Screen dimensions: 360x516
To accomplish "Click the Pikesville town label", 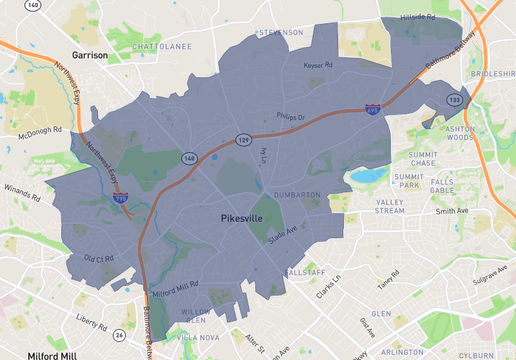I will [x=244, y=216].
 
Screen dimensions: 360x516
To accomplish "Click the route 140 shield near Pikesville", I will [x=188, y=158].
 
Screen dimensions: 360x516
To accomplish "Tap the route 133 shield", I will [x=455, y=100].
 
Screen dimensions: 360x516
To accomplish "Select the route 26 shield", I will [x=119, y=334].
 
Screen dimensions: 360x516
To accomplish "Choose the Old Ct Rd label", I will [x=99, y=259].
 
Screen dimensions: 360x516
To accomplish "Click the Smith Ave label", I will [x=452, y=211].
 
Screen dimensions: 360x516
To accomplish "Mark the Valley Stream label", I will [x=389, y=207].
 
